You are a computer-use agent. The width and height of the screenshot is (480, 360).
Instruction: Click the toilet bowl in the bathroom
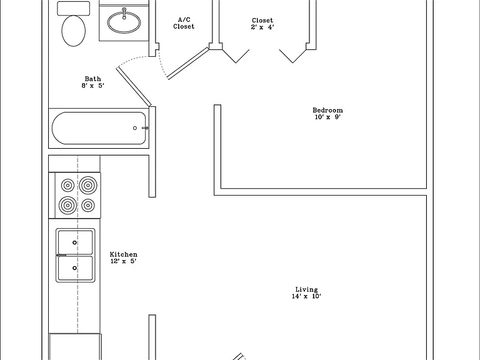tap(74, 31)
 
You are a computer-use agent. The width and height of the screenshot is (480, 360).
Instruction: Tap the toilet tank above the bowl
tap(74, 8)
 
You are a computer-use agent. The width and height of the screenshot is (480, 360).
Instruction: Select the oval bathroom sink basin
tap(124, 22)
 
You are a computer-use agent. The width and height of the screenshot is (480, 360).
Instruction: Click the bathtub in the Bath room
tap(99, 128)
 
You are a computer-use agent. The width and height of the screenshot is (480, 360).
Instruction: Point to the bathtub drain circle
tap(135, 128)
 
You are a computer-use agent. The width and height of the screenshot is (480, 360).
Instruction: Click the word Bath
tap(92, 79)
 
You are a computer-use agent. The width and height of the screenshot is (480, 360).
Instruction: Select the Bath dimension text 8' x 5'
tap(92, 86)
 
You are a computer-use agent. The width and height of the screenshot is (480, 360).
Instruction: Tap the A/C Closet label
tap(184, 23)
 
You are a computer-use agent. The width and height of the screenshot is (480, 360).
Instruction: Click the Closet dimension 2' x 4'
tap(262, 27)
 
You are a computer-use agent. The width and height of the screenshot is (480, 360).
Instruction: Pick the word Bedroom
tap(327, 110)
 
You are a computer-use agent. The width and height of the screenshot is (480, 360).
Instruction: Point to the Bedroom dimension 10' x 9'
tap(327, 117)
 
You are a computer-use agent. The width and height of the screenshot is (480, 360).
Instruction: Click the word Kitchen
tap(123, 254)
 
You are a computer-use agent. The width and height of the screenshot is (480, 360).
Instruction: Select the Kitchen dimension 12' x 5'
tap(123, 261)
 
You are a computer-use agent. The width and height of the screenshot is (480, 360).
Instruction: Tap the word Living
tap(306, 289)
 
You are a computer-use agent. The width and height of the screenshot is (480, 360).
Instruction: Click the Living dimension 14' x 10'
tap(306, 296)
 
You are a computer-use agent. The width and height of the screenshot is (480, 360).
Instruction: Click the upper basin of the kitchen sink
tap(75, 242)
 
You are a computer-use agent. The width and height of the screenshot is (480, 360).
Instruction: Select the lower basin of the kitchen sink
tap(75, 268)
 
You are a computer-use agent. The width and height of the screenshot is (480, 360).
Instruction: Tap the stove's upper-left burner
tap(67, 186)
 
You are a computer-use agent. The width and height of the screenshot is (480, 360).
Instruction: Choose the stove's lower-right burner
tap(88, 205)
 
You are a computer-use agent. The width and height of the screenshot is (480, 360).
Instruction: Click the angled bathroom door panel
tap(134, 87)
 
